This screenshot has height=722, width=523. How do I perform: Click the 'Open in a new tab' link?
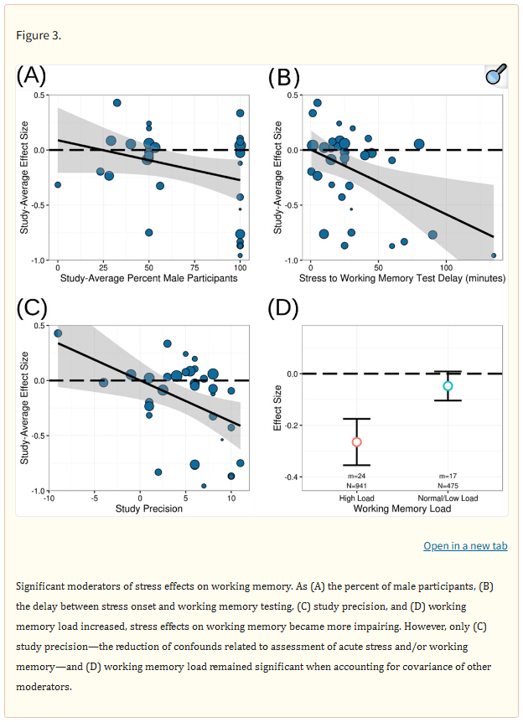coord(465,546)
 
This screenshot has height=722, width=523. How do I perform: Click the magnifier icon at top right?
coord(496,76)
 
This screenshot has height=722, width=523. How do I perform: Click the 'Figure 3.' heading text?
coord(39,35)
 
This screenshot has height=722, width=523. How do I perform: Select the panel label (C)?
coord(31,308)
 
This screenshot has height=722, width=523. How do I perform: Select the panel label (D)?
coord(283,308)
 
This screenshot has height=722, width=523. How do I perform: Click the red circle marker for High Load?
coord(356,441)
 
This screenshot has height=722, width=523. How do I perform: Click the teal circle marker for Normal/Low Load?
coord(448,386)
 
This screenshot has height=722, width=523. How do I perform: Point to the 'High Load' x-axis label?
coord(356,498)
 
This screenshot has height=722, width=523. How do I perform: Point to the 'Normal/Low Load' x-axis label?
coord(448,498)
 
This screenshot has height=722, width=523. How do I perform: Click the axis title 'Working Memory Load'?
coord(401,508)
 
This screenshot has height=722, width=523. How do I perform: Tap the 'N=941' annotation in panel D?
coord(356,485)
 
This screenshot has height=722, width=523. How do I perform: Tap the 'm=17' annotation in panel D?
coord(448,476)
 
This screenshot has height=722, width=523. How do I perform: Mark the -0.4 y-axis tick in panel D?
coord(293,477)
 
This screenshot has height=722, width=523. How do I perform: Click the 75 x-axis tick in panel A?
coord(194,268)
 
